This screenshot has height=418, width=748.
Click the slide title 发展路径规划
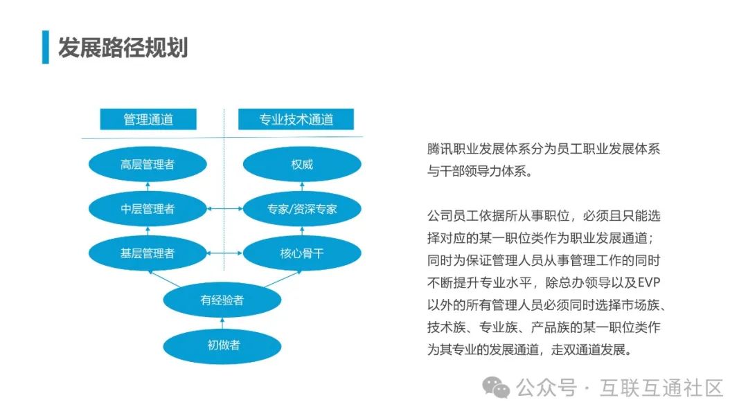coord(123,48)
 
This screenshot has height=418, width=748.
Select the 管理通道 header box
coord(148,119)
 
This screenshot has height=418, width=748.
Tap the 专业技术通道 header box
coord(296,119)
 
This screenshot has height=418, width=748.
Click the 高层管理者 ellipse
coord(148,165)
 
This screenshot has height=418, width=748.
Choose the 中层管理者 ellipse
coord(148,208)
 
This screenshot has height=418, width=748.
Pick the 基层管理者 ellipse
coord(148,253)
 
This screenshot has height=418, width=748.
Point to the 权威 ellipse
coord(302,165)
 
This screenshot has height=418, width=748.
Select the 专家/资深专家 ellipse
coord(302,208)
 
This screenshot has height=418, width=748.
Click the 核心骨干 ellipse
coord(302,253)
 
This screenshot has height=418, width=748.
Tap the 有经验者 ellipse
coord(222,300)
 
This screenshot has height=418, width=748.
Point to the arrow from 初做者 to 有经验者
coord(222,322)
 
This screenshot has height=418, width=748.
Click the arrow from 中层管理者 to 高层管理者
coord(148,187)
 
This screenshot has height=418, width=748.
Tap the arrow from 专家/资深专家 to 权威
coord(302,187)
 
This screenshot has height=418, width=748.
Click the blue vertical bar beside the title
coord(45,48)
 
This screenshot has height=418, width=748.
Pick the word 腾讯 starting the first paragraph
coord(438,149)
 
